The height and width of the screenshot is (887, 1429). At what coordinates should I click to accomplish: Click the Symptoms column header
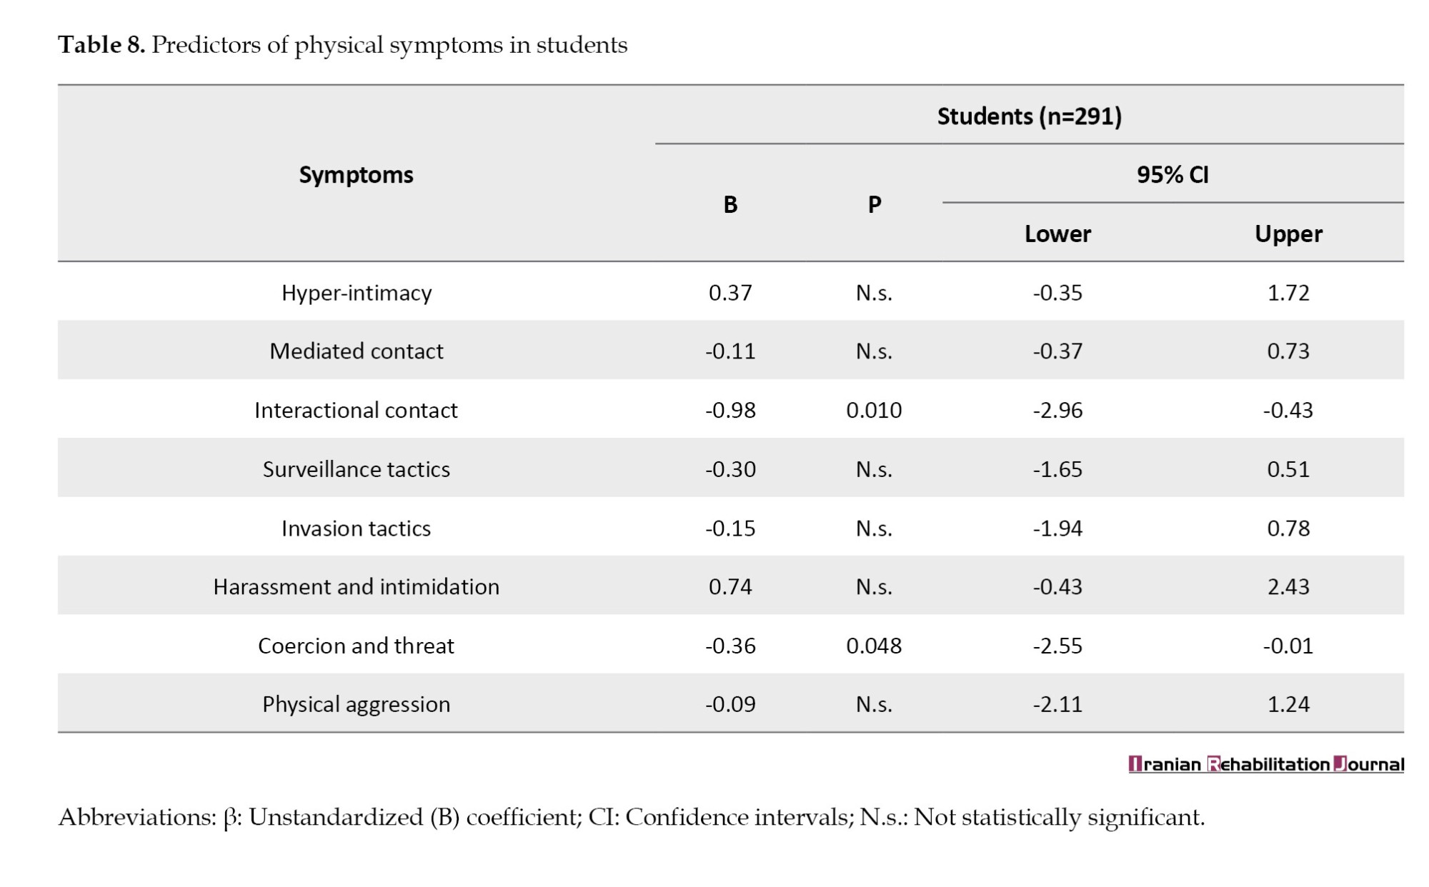point(356,175)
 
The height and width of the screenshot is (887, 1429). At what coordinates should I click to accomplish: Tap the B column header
point(730,205)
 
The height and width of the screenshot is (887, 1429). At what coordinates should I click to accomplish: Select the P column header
point(875,205)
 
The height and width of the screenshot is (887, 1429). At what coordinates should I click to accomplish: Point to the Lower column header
point(1057,234)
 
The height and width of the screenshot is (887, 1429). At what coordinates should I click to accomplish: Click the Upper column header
point(1288,234)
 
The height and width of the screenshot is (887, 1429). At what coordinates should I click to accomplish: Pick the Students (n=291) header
point(1030,116)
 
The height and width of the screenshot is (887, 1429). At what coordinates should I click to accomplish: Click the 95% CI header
point(1172,175)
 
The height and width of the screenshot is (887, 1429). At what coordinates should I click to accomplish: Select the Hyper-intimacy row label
point(357,294)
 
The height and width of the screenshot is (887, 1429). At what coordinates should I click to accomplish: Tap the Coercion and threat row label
point(356,646)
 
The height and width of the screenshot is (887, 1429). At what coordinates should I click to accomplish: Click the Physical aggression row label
point(356,705)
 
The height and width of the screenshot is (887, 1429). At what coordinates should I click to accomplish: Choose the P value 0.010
point(874,411)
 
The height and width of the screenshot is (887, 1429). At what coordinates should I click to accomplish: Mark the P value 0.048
point(874,646)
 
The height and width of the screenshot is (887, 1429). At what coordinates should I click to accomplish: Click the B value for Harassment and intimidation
point(730,587)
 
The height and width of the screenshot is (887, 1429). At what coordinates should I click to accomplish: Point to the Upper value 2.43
point(1288,587)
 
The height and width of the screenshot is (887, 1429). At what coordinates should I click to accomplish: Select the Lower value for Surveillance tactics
point(1057,469)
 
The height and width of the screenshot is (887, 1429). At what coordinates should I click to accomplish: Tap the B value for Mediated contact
point(730,351)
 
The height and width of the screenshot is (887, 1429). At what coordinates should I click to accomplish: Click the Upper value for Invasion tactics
point(1288,528)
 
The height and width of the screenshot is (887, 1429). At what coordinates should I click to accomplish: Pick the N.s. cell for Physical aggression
point(874,705)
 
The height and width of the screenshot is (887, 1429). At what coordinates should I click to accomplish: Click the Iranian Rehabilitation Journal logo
point(1266,764)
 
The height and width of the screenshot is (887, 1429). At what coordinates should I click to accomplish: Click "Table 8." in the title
point(101,45)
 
